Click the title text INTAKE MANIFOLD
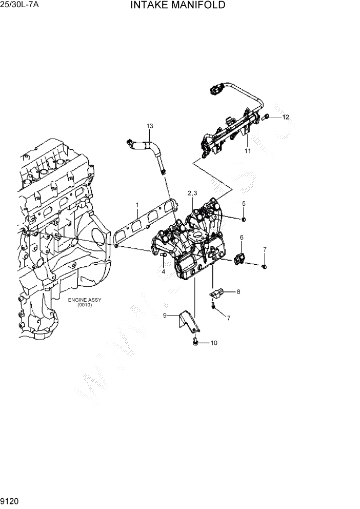(x=177, y=6)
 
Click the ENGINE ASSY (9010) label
(x=83, y=302)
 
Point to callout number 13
(x=150, y=126)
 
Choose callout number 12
(x=286, y=117)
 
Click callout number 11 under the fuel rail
(x=247, y=151)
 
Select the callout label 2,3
(x=192, y=193)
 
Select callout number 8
(x=238, y=291)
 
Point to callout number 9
(x=165, y=316)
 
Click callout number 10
(x=213, y=342)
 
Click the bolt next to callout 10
(x=195, y=341)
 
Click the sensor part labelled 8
(x=216, y=293)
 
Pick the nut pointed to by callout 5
(x=243, y=219)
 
